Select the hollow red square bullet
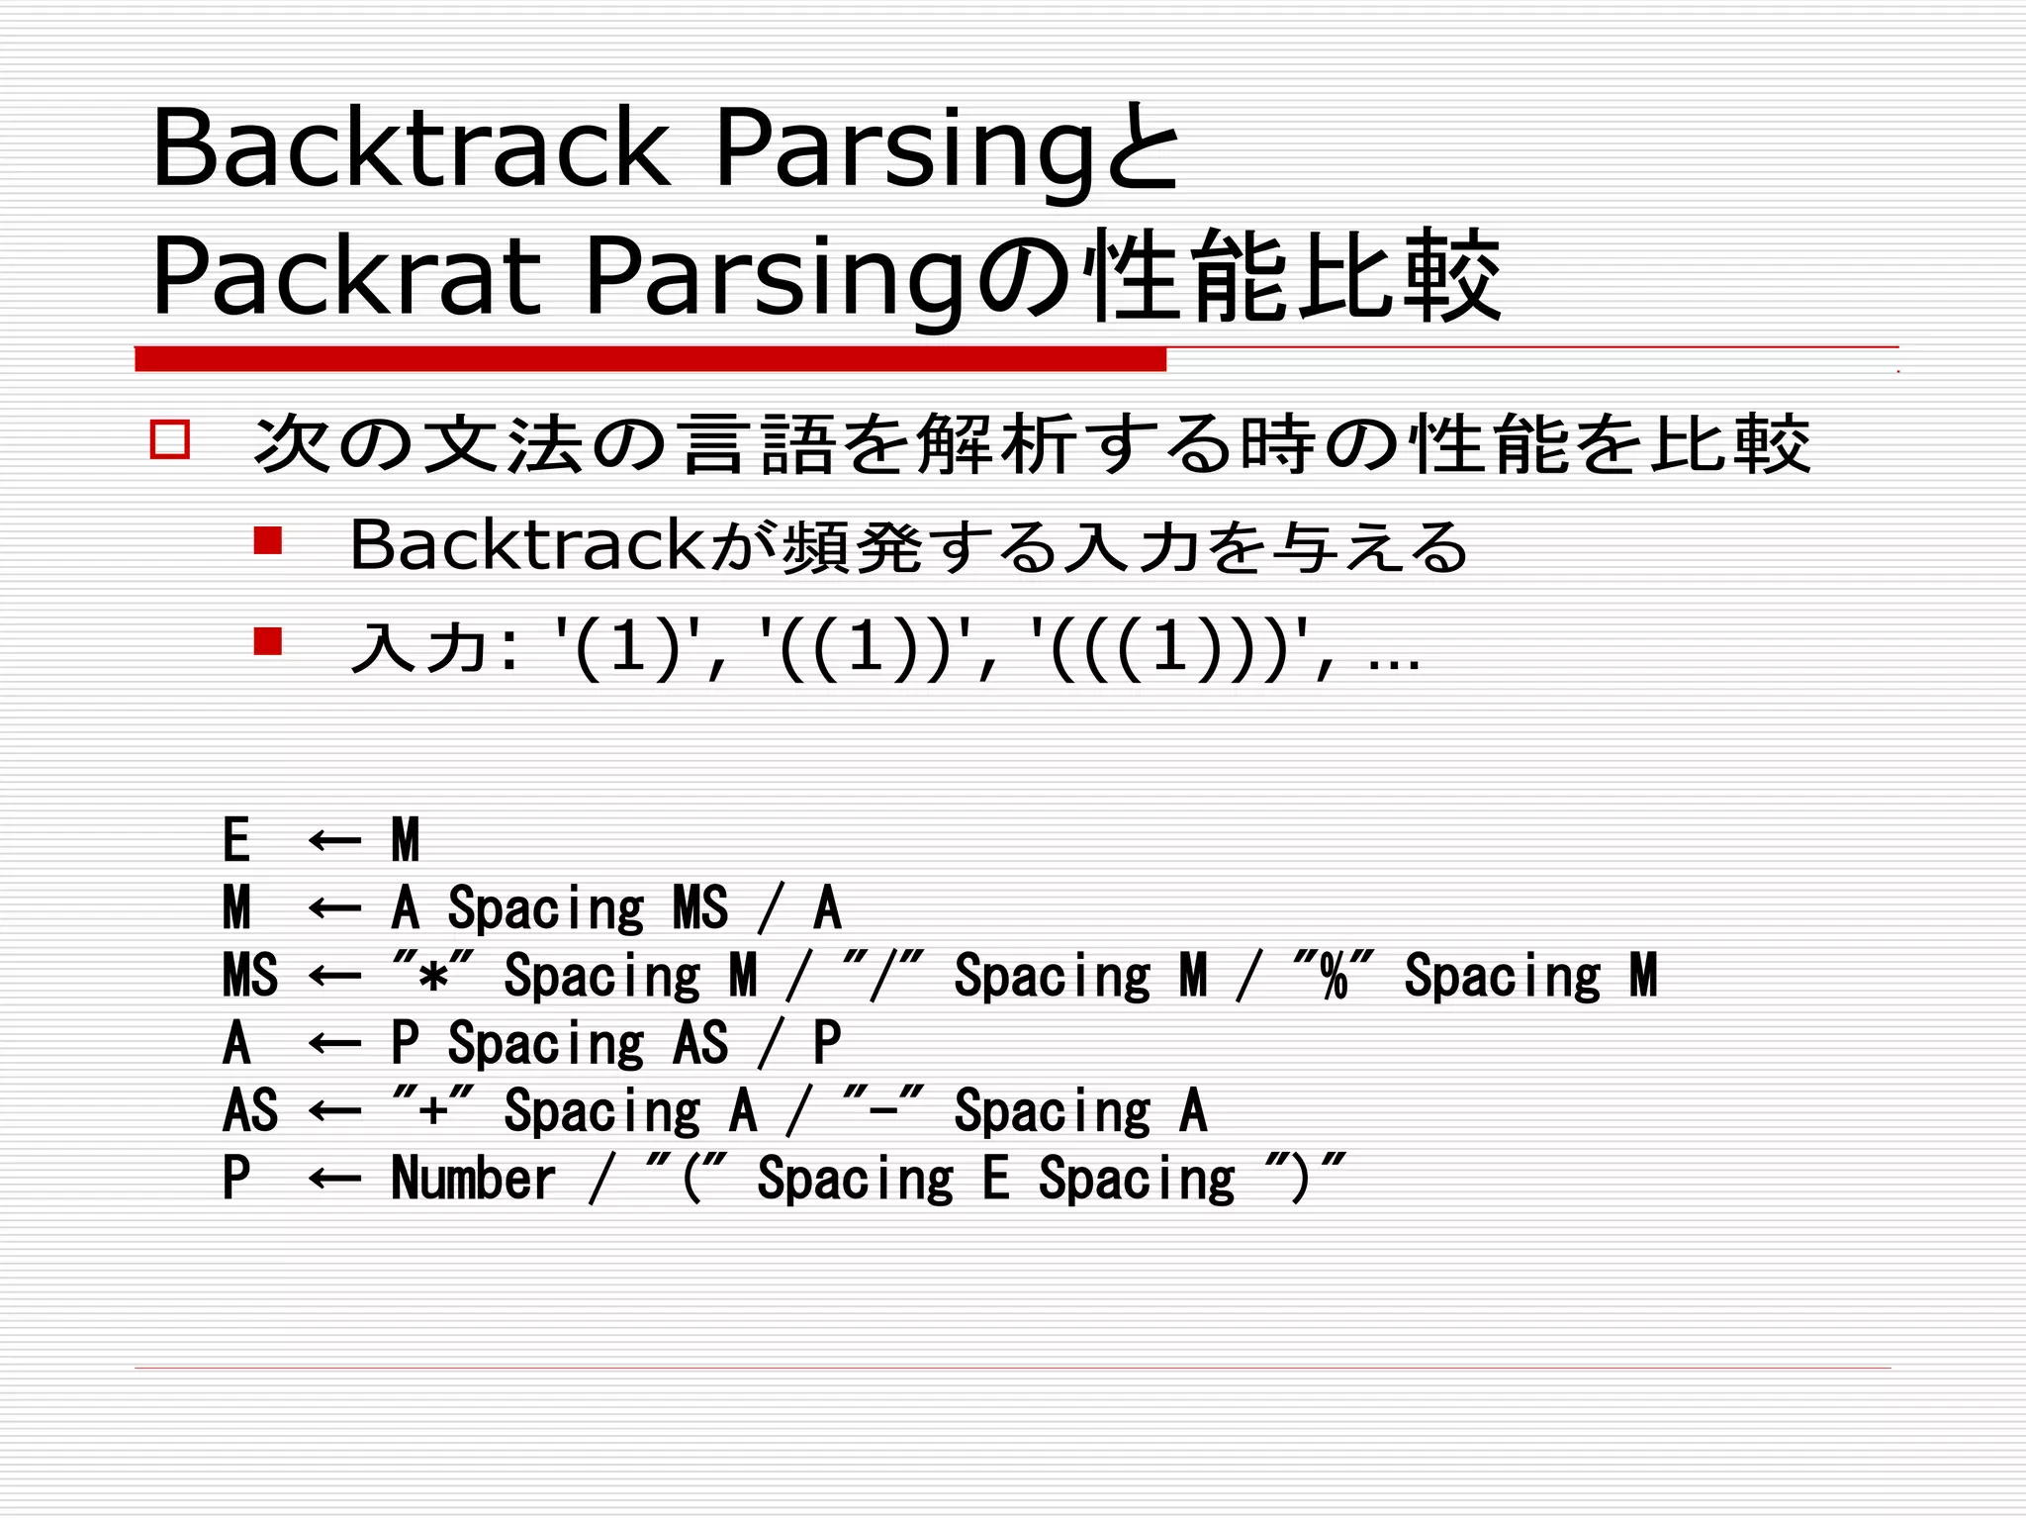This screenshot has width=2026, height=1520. coord(170,438)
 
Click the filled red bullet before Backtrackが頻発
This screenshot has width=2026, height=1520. coord(267,540)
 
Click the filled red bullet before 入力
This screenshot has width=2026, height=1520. coord(267,641)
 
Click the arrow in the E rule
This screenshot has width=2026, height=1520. coord(334,841)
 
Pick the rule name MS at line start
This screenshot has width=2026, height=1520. coord(250,976)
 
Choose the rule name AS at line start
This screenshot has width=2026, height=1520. coord(250,1110)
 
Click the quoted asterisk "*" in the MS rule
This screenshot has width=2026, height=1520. coord(433,976)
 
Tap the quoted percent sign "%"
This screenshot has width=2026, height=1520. coord(1334,976)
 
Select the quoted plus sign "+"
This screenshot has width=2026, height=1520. coord(433,1110)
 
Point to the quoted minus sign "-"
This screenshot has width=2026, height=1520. coord(883,1110)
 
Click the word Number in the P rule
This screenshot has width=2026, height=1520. coord(473,1178)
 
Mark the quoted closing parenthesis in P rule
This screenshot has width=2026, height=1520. coord(1306,1178)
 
